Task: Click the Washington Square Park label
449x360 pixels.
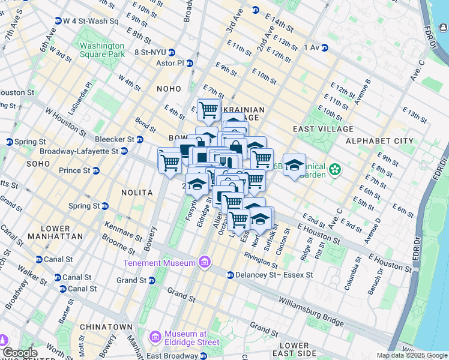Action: point(101,50)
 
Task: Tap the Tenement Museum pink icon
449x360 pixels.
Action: point(204,262)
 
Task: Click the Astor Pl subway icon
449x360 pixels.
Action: point(190,62)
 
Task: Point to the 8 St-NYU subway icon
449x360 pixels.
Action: point(172,52)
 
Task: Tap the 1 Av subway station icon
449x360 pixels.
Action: point(324,47)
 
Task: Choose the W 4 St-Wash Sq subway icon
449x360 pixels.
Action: point(58,20)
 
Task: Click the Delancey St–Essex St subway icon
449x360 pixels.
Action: point(230,275)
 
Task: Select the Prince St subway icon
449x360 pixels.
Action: point(95,170)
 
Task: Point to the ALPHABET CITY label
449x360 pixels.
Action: point(379,141)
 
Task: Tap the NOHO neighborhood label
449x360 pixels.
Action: point(169,89)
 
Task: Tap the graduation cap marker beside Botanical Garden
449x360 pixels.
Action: point(294,165)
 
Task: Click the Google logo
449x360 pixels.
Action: point(19,353)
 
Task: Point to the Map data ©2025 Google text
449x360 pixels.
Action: point(412,355)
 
